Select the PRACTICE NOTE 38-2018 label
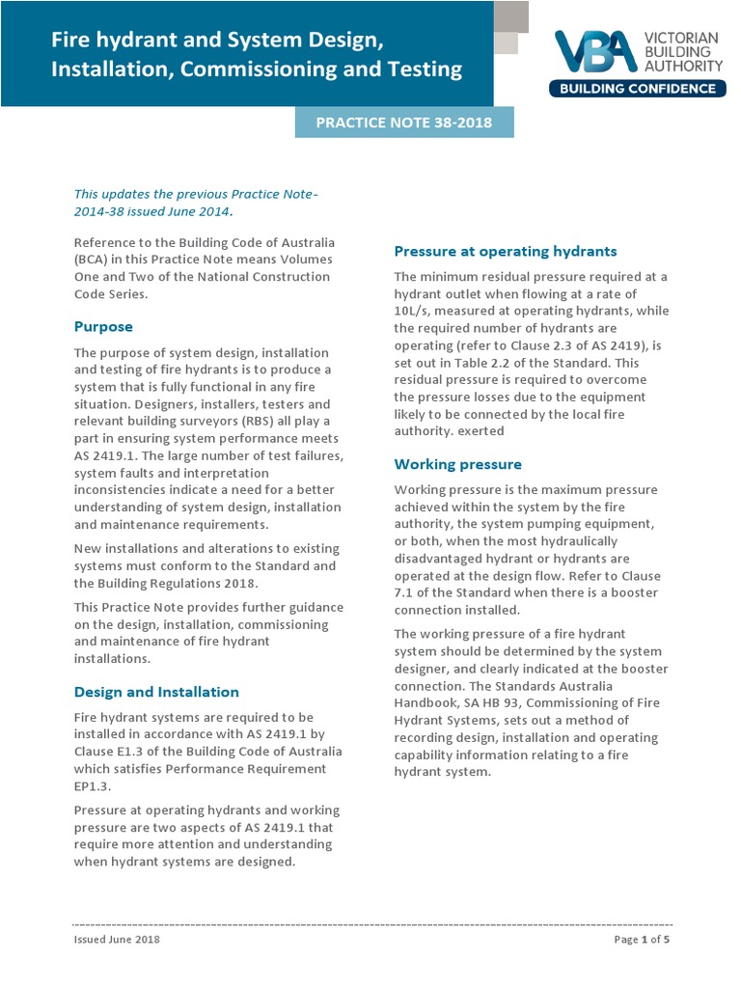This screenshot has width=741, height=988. point(404,123)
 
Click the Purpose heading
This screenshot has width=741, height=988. point(103,326)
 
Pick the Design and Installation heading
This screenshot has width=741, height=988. point(156,692)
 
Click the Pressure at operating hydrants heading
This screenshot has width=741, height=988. point(506,251)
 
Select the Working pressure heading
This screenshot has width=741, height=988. point(457,464)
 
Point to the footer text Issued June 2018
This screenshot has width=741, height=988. point(117,940)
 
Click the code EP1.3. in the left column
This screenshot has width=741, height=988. point(94,786)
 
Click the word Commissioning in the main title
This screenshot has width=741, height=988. point(267,69)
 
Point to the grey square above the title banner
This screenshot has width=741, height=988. point(511,16)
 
